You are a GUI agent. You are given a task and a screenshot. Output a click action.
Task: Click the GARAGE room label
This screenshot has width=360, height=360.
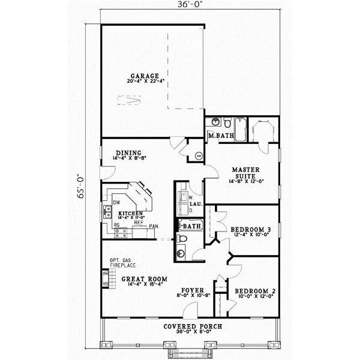144,76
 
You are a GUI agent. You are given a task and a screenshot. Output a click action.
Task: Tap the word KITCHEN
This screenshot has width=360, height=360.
130,214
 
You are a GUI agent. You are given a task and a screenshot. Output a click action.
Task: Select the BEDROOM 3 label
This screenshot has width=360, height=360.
247,229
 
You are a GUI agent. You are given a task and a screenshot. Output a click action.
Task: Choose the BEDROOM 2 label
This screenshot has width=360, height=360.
255,291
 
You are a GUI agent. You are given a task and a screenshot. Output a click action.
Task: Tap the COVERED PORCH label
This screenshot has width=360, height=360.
193,326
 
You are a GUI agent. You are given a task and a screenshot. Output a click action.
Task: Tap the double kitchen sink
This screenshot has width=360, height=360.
106,211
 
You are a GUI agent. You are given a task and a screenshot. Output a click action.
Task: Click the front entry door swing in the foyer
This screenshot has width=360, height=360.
190,310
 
